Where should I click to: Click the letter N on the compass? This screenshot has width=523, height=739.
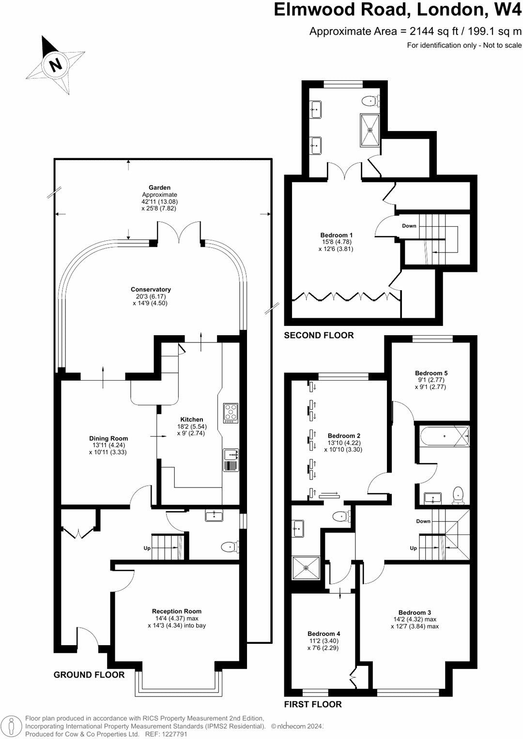[57, 64]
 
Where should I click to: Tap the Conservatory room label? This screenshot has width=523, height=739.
[151, 290]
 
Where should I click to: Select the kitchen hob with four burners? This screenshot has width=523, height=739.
[231, 413]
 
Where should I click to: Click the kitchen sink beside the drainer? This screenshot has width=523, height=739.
[231, 454]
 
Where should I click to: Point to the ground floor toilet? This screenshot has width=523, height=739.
[230, 547]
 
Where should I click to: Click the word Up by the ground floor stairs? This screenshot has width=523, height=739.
[147, 548]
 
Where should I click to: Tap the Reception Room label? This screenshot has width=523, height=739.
[176, 611]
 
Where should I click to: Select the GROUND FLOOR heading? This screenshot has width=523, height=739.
[89, 675]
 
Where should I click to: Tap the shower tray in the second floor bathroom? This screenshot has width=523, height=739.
[371, 130]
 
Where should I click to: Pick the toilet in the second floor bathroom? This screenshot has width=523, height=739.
[371, 101]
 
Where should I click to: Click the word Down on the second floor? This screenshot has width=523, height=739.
[409, 226]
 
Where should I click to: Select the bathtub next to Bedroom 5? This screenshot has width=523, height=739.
[444, 437]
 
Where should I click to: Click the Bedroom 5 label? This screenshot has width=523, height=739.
[431, 373]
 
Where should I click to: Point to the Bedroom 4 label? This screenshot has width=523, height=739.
[323, 634]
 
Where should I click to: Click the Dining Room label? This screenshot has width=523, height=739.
[108, 439]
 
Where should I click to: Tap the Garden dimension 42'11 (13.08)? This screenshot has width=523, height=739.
[160, 202]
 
